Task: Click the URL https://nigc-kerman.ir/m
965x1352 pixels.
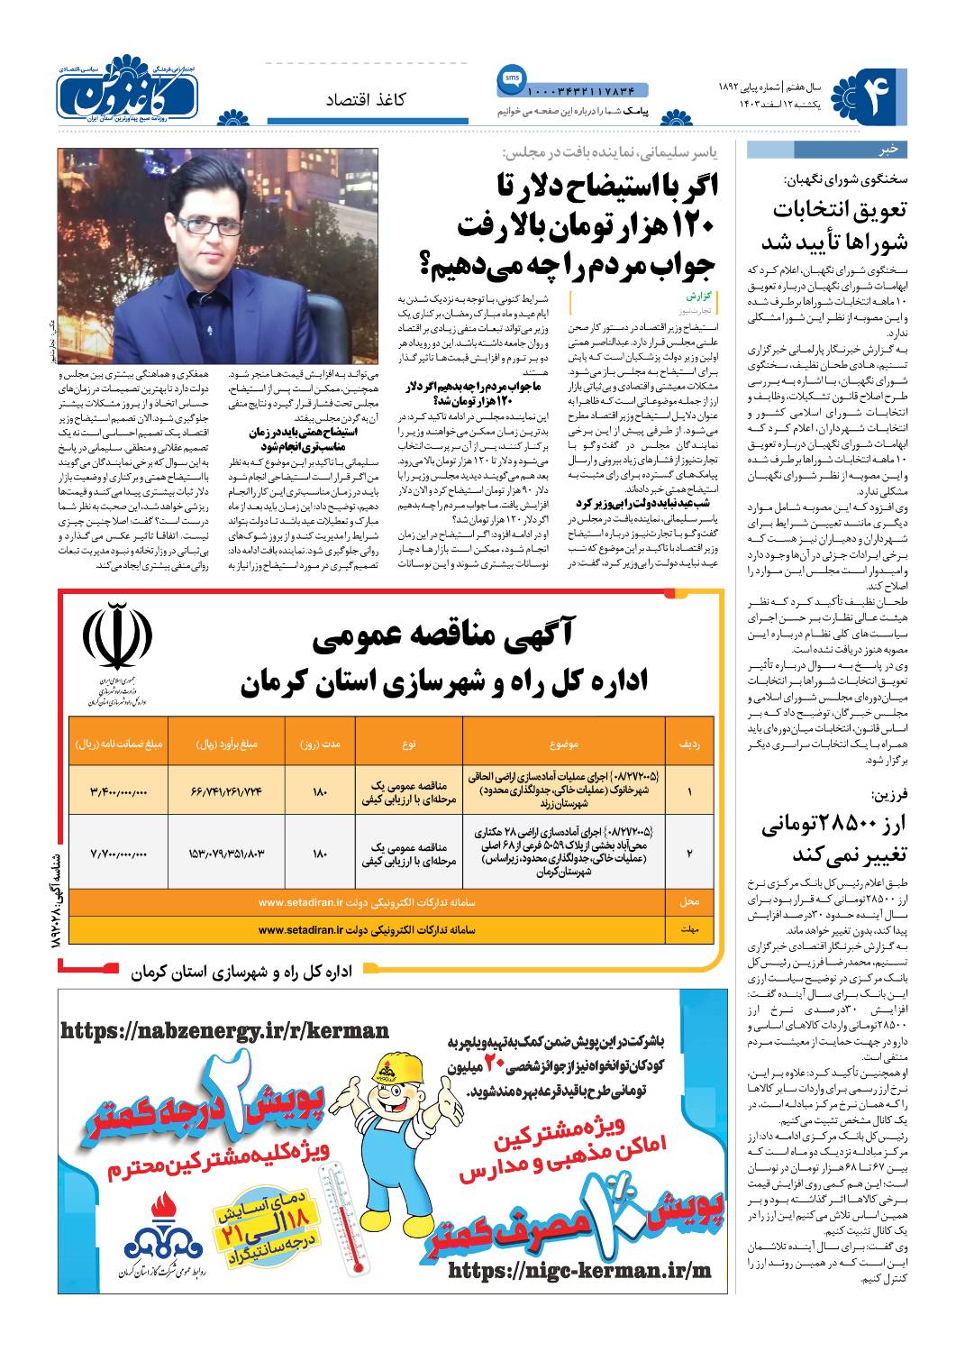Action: tap(578, 1269)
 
